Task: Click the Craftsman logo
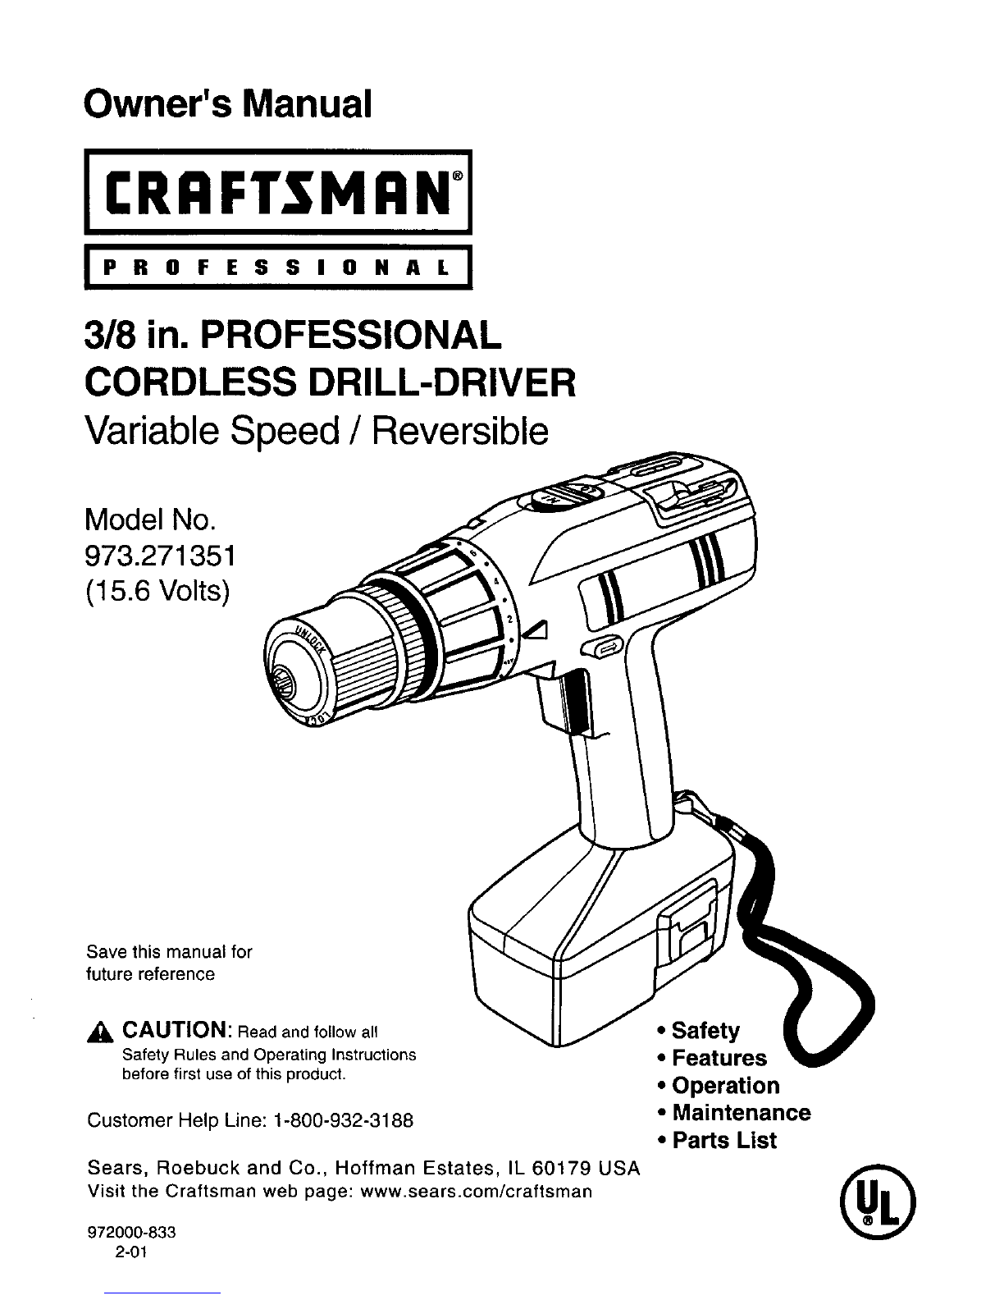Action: (x=278, y=192)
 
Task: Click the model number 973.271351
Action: (x=160, y=557)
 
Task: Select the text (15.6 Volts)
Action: (x=157, y=593)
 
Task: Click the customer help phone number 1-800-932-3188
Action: (x=343, y=1120)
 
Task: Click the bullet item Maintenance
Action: (x=742, y=1113)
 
